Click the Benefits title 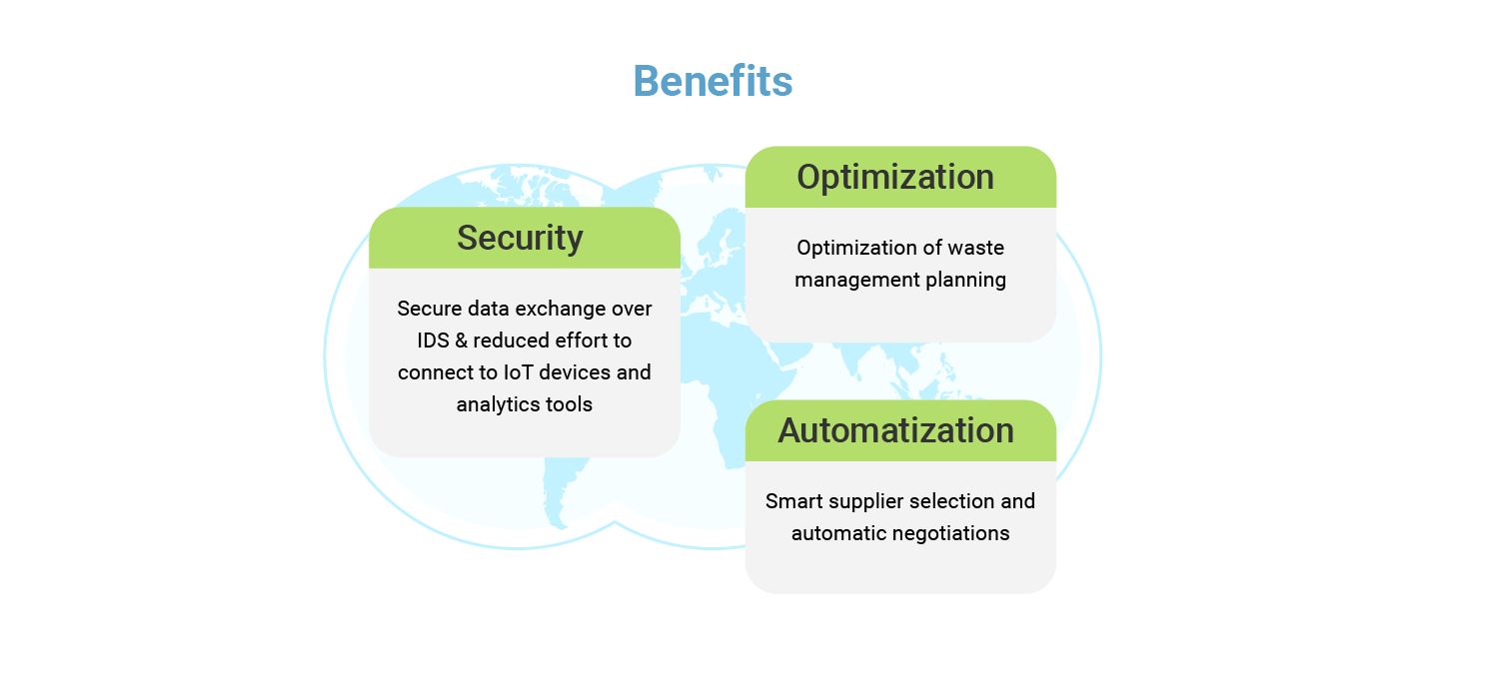click(x=713, y=81)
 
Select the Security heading click(x=520, y=238)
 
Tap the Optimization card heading click(x=894, y=177)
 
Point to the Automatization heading click(x=895, y=430)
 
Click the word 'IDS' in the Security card click(x=433, y=341)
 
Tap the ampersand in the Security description click(x=461, y=341)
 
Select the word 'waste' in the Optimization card click(x=976, y=248)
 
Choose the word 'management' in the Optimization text click(x=847, y=280)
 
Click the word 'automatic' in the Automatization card click(x=833, y=533)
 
